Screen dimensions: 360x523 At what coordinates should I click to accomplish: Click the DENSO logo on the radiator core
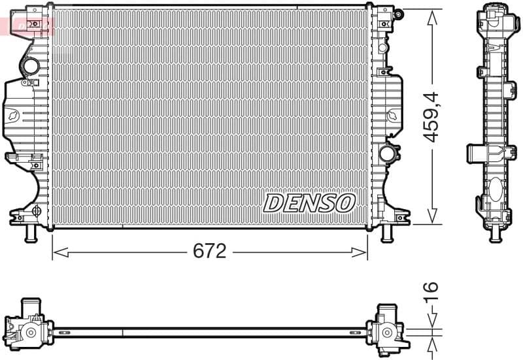point(309,203)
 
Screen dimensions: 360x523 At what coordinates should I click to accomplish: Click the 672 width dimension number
point(209,251)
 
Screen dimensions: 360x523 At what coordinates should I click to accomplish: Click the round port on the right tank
point(387,153)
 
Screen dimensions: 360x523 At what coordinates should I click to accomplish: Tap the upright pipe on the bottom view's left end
point(29,306)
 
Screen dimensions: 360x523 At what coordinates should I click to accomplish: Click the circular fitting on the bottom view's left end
point(30,333)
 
